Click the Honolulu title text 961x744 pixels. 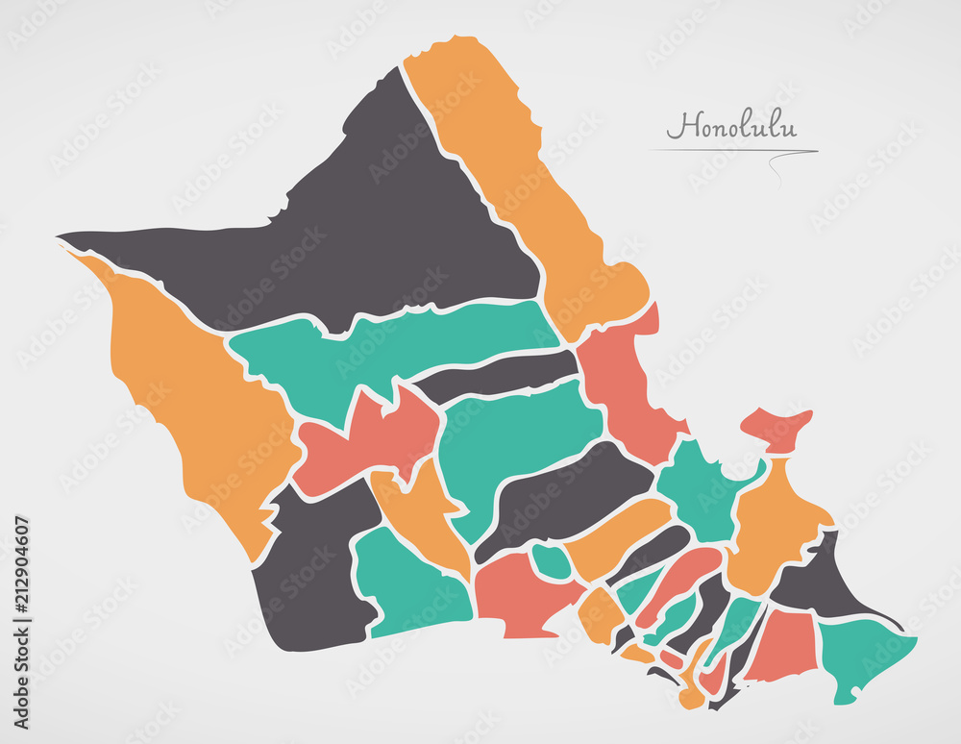732,127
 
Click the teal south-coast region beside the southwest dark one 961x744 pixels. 408,586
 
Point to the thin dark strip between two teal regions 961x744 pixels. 500,375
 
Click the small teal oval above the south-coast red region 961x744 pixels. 551,561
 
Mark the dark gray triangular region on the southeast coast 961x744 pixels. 817,582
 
